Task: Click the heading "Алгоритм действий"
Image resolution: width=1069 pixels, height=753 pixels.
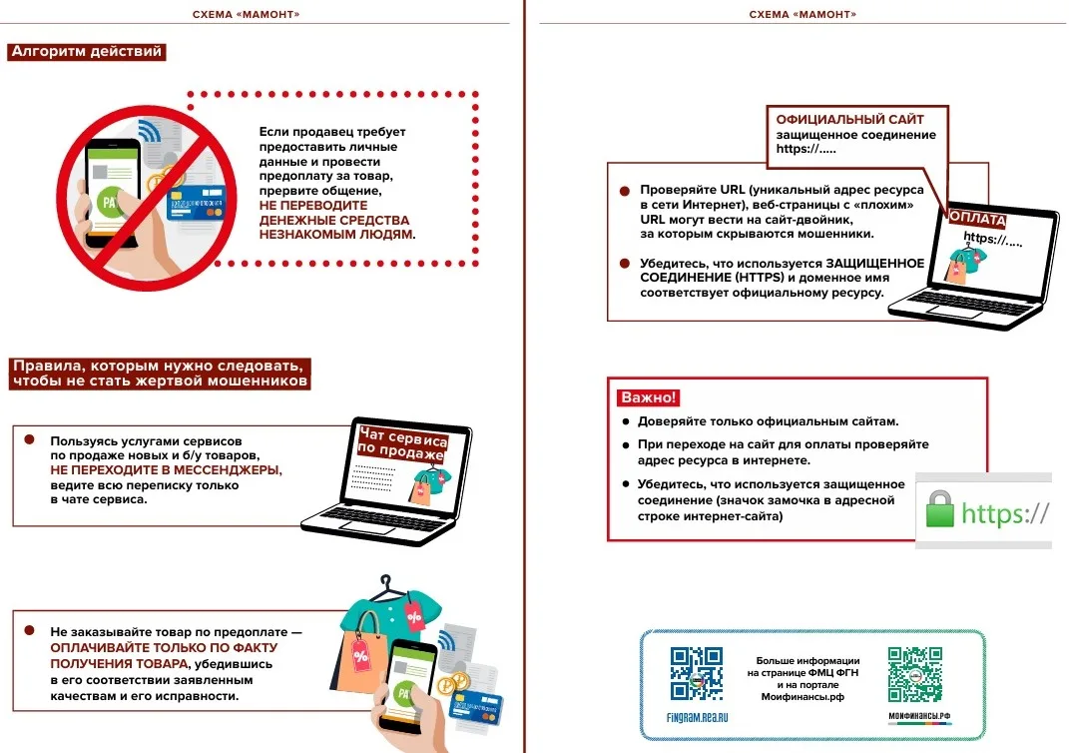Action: click(x=86, y=52)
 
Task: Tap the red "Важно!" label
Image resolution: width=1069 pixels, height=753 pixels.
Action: click(x=649, y=397)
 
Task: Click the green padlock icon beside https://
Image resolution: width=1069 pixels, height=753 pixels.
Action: click(x=939, y=510)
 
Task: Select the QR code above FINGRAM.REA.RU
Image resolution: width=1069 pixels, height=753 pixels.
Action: click(x=696, y=674)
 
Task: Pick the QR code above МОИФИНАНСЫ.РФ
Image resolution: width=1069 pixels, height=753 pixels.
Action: click(x=914, y=674)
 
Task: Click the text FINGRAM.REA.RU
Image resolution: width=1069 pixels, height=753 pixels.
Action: click(x=696, y=718)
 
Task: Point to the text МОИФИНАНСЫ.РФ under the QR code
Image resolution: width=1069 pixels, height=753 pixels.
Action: click(x=915, y=718)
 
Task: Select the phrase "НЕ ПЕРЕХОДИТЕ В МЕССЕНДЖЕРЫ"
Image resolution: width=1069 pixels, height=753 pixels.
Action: click(x=167, y=469)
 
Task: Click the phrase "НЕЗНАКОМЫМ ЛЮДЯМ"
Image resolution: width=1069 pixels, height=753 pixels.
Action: click(x=335, y=234)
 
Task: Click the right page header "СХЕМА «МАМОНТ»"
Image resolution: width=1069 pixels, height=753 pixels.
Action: click(x=802, y=15)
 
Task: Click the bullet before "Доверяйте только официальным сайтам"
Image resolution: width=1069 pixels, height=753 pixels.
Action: click(x=626, y=421)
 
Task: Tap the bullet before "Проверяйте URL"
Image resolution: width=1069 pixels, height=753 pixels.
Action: click(x=625, y=189)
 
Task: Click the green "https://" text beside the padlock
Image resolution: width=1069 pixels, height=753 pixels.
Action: click(x=1004, y=513)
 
